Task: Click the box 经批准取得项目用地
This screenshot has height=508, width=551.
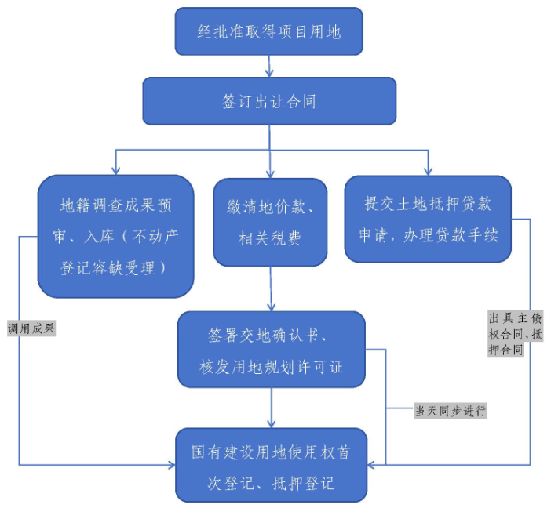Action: tap(268, 31)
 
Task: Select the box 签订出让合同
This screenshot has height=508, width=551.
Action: tap(268, 101)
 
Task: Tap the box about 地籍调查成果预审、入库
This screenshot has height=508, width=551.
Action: tap(115, 236)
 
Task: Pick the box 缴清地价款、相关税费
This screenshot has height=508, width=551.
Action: tap(271, 223)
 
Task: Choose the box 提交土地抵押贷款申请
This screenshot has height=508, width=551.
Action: tap(428, 219)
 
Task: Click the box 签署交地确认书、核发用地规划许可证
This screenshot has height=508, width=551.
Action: tap(272, 350)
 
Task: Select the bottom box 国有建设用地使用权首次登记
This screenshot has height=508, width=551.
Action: tap(271, 465)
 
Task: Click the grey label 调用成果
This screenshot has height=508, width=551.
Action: tap(31, 328)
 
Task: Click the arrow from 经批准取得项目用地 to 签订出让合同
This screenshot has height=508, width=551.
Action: tap(269, 66)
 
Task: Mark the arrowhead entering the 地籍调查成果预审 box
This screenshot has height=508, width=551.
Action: tap(116, 169)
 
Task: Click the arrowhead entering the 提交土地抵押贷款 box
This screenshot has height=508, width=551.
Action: tap(428, 169)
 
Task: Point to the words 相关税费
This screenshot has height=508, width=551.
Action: tap(271, 238)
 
